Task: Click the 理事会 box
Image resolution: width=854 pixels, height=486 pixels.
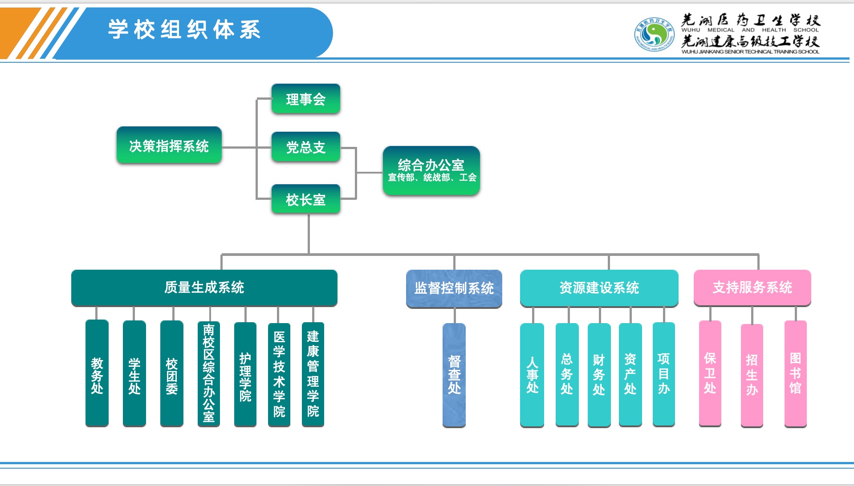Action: tap(306, 99)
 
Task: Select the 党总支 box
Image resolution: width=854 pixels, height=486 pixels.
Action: tap(306, 147)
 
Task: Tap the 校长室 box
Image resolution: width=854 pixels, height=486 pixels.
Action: tap(306, 199)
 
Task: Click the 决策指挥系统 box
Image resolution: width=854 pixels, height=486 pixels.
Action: tap(169, 146)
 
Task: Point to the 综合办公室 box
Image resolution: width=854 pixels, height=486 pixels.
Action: tap(431, 170)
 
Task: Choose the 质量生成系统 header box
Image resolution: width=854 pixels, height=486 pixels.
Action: tap(204, 288)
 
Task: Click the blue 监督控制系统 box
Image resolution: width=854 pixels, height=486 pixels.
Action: tap(454, 288)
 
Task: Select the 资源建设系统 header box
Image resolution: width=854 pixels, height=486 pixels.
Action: tap(599, 288)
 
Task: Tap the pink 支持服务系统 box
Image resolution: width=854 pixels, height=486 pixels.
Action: tap(752, 288)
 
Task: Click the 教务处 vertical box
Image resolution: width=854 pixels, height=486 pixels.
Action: tap(97, 373)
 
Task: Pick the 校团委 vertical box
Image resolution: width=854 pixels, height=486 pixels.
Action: tap(172, 374)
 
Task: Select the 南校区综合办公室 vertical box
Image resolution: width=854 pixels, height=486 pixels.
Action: tap(209, 374)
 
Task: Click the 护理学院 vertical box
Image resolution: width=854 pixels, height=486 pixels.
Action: tap(245, 374)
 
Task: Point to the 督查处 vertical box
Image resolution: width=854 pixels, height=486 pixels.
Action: tap(454, 375)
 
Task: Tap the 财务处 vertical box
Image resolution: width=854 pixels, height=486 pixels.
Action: tap(599, 375)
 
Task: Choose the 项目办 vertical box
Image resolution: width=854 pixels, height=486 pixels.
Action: tap(664, 374)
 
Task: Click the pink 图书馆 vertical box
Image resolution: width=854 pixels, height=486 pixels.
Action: tap(796, 374)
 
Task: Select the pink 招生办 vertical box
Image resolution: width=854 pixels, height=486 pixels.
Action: tap(752, 376)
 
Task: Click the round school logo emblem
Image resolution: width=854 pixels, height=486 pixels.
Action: tap(654, 34)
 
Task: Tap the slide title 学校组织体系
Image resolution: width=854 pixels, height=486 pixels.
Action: tap(184, 30)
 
